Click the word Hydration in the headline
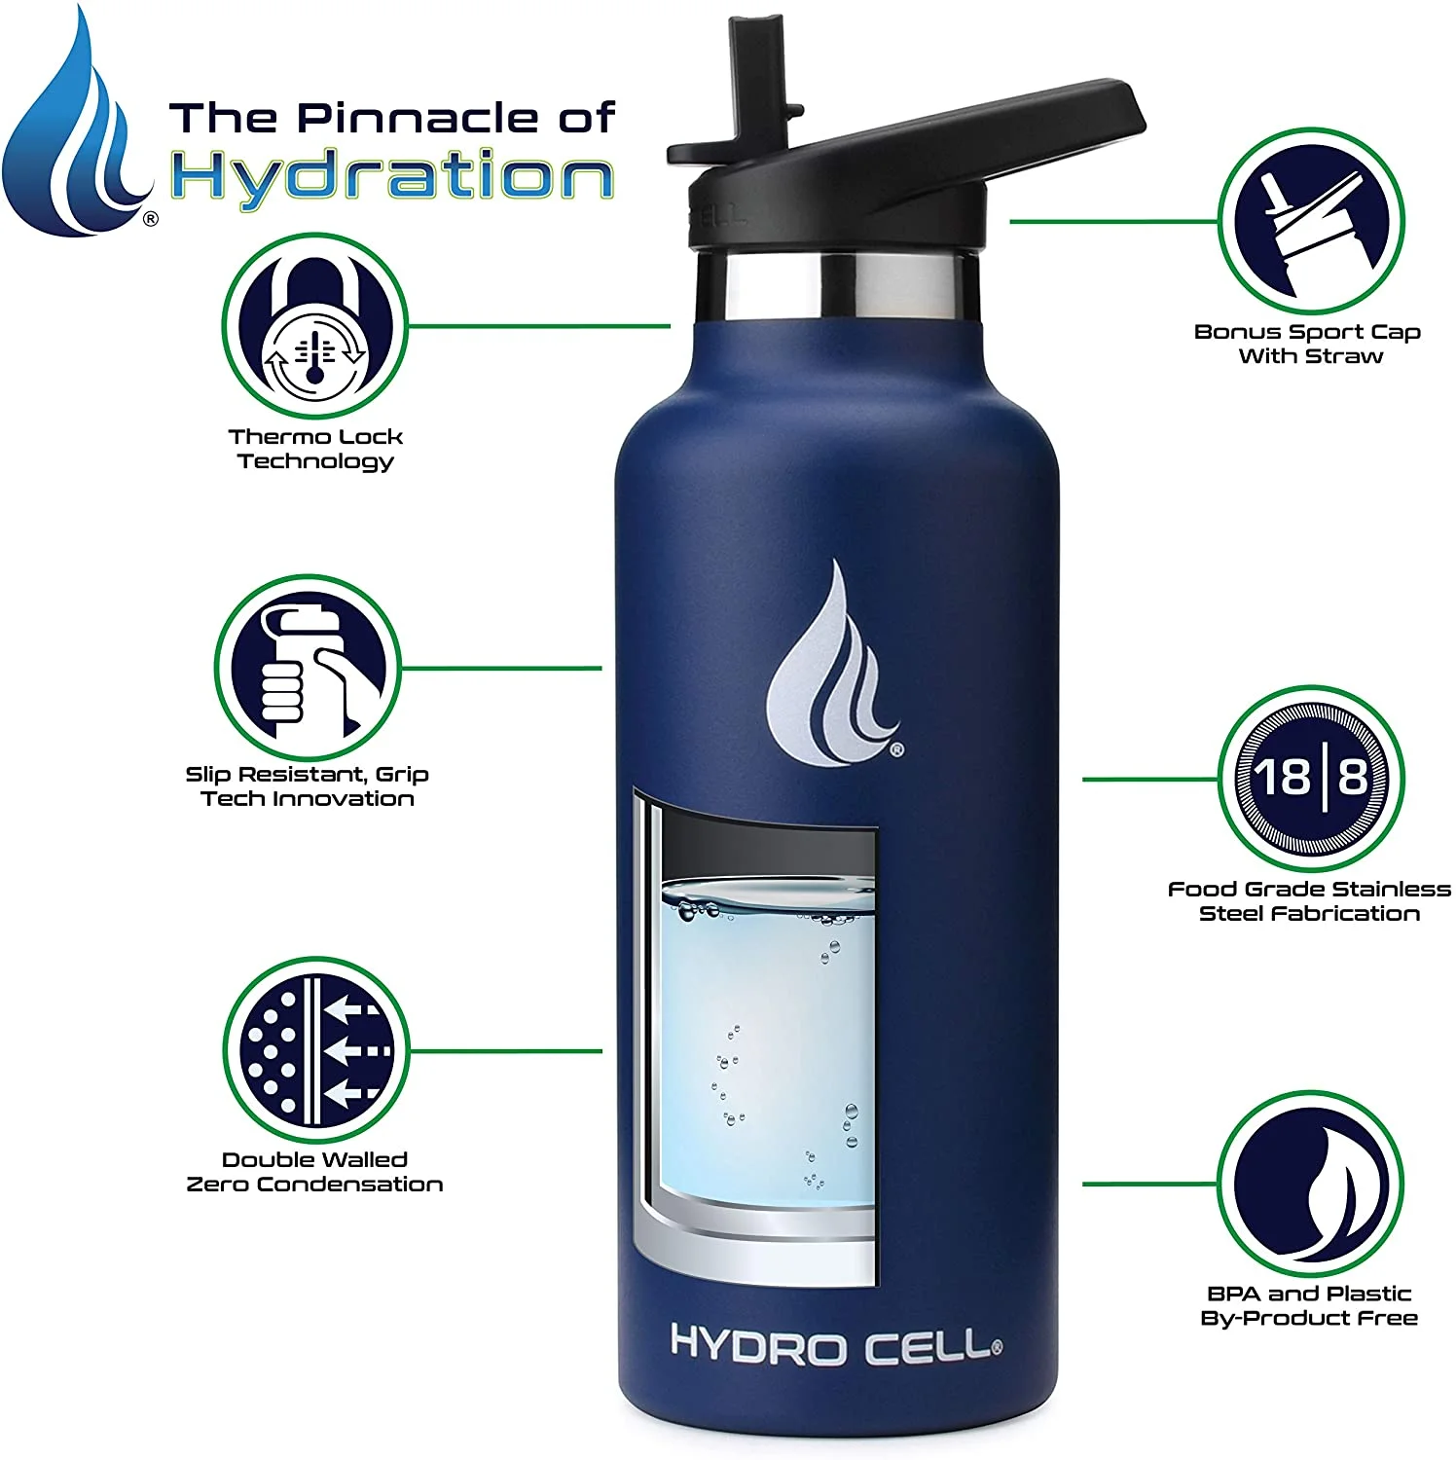coord(392,177)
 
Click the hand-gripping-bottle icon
coord(307,668)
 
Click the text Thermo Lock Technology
coord(315,449)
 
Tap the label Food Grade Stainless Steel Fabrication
coord(1309,900)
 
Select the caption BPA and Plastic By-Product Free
coord(1309,1305)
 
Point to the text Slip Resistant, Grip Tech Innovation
coord(308,786)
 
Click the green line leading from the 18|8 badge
coord(1148,779)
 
